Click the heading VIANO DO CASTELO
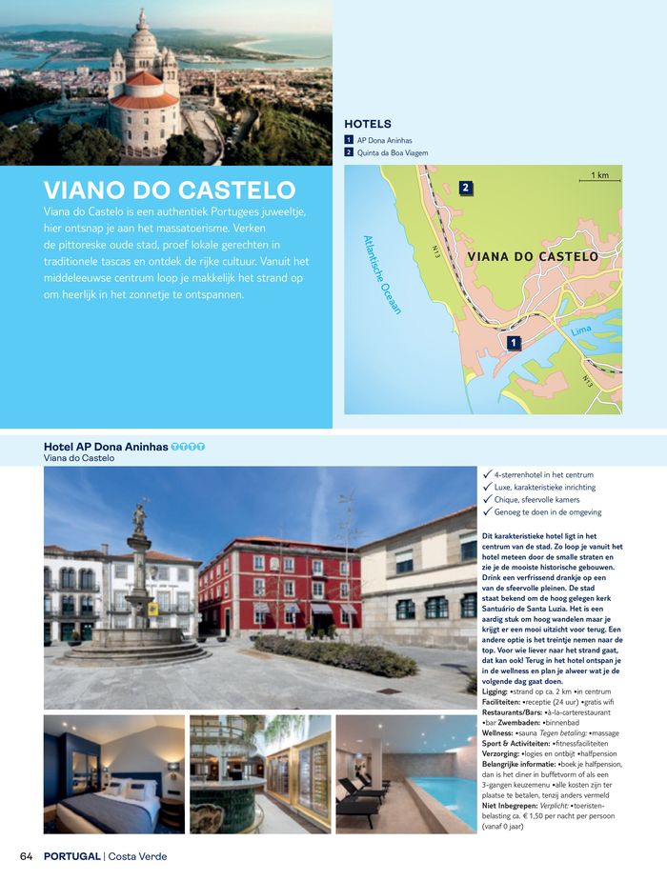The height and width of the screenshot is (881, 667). click(170, 188)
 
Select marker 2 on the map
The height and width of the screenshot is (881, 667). click(466, 188)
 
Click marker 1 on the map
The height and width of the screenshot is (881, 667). click(514, 342)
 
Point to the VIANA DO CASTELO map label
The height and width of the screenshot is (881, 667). click(534, 257)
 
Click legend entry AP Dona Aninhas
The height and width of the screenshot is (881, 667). click(384, 140)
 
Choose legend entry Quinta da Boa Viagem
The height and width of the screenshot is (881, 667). click(392, 152)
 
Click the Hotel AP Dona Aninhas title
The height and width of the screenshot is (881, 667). click(106, 447)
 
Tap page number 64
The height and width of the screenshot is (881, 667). click(27, 856)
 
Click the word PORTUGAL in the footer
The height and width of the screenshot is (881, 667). click(71, 856)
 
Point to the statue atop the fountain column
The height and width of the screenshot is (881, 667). click(140, 517)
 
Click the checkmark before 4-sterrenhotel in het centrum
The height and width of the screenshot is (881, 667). click(488, 474)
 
